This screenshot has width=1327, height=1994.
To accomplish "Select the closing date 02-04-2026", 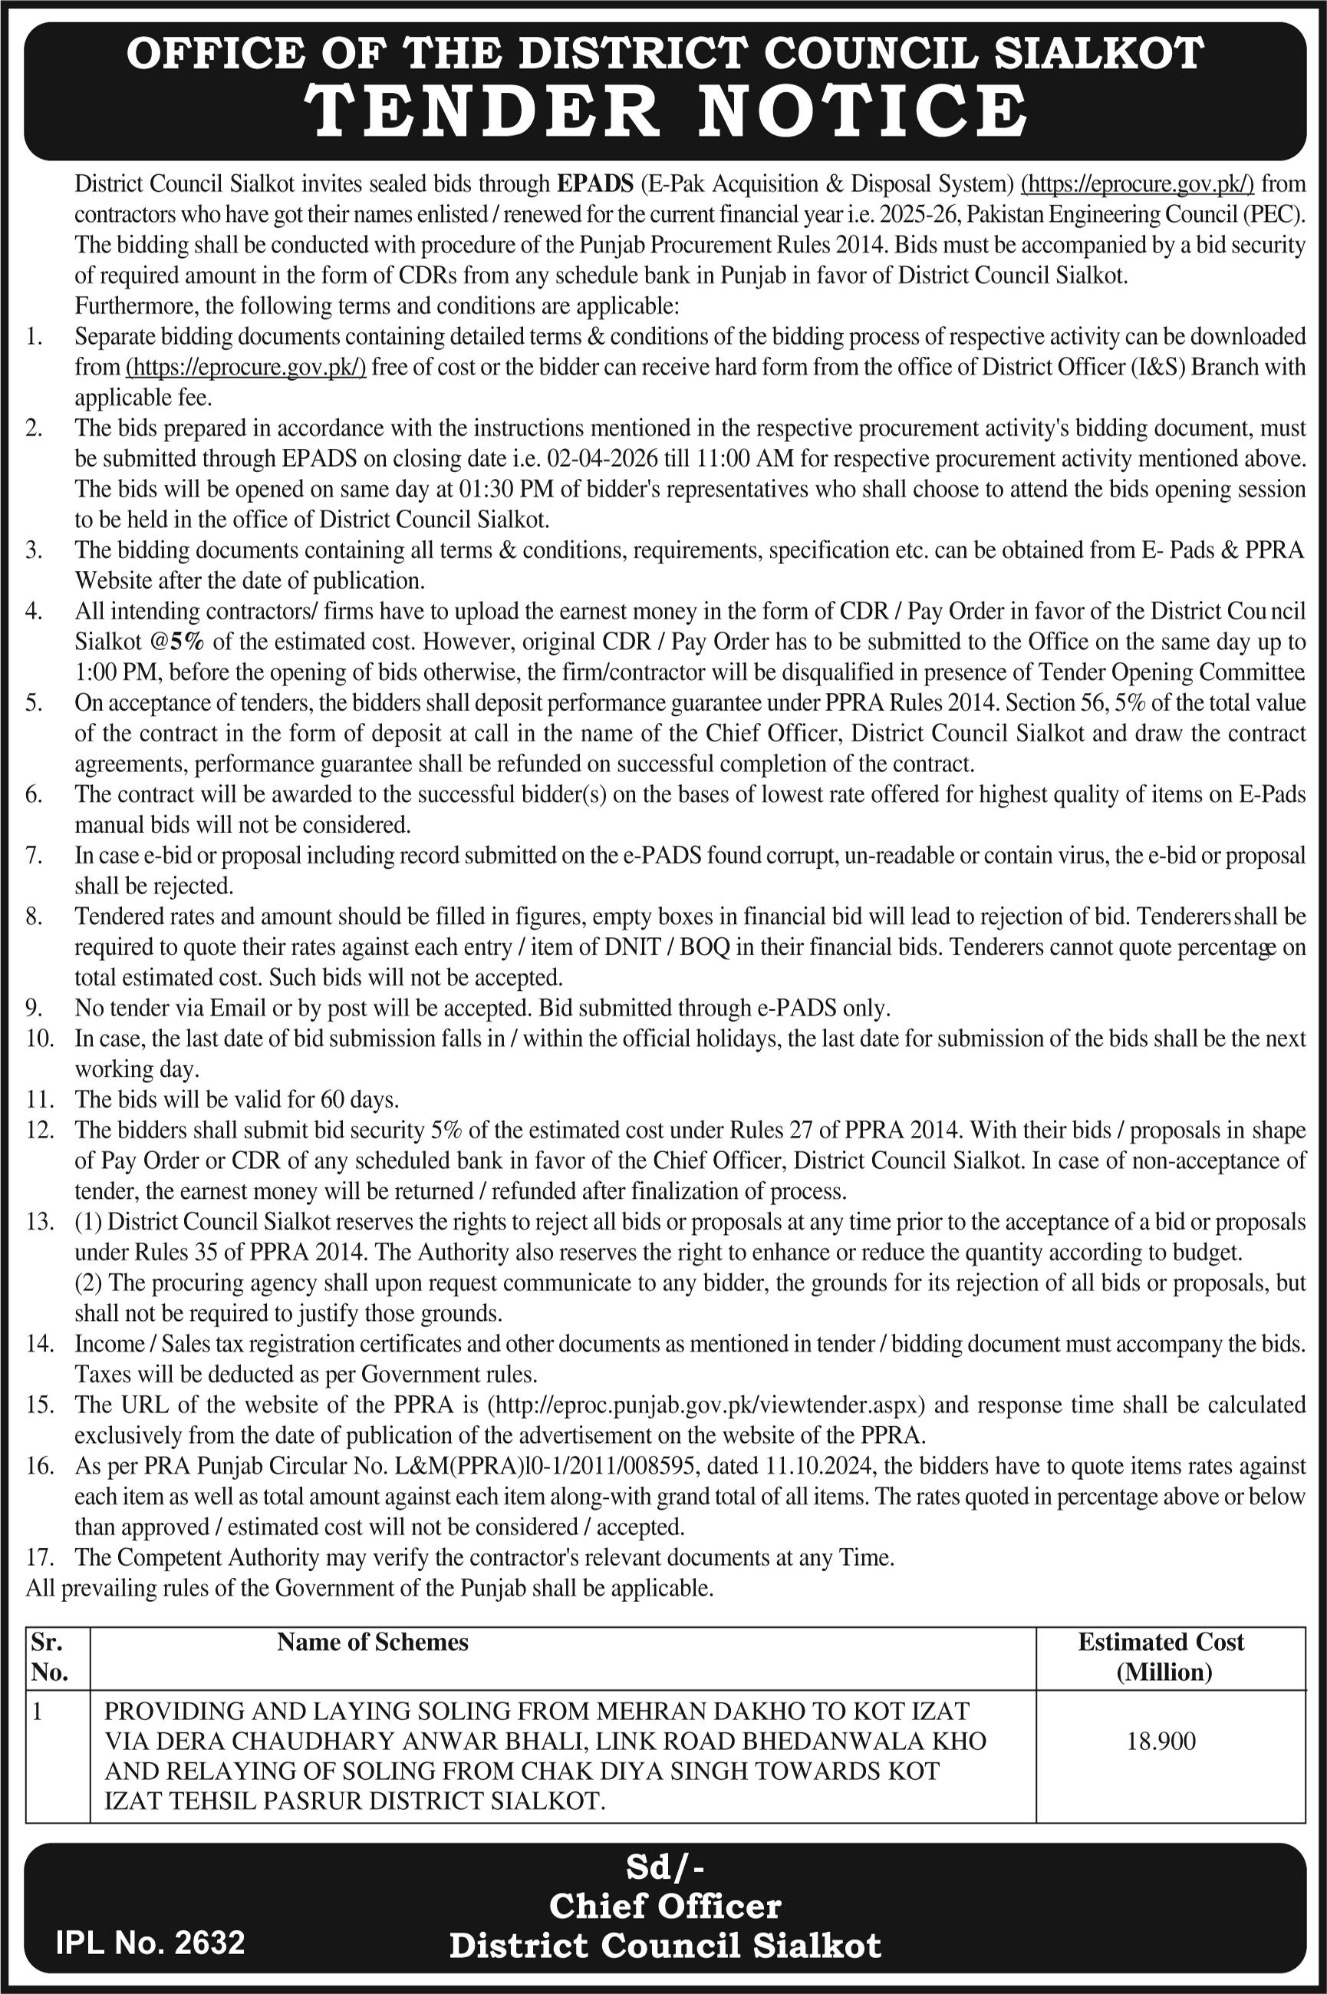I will point(592,459).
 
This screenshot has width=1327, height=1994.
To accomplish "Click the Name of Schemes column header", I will point(372,1642).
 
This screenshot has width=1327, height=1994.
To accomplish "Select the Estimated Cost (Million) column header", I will point(1161,1656).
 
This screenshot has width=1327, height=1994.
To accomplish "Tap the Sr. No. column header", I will point(49,1656).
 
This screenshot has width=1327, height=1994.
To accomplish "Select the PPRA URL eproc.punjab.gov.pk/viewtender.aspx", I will point(705,1405).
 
